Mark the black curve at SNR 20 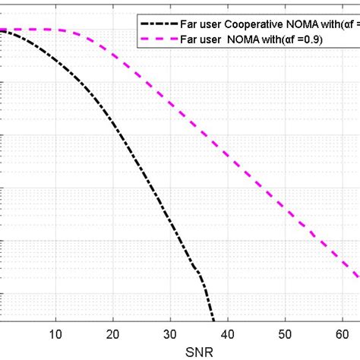point(113,124)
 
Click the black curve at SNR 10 point(55,62)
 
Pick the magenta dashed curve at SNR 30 point(171,106)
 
